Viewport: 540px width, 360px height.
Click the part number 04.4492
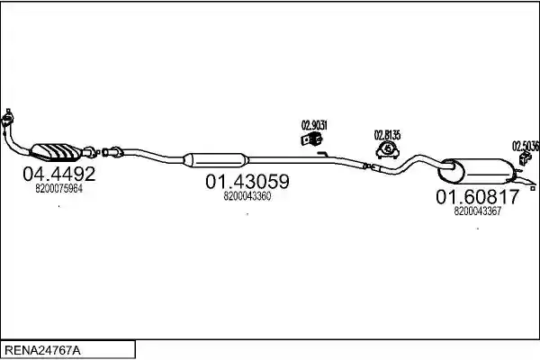tap(58, 174)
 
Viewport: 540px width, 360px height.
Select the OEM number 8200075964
tap(58, 189)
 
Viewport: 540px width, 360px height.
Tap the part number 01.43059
tap(247, 182)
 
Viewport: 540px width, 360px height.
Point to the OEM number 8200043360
tap(247, 196)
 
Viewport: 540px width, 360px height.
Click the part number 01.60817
tap(477, 197)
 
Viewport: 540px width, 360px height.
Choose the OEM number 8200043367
tap(477, 211)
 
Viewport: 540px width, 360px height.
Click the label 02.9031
tap(314, 125)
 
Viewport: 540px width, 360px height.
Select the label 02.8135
tap(387, 135)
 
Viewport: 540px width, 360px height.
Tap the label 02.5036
tap(526, 147)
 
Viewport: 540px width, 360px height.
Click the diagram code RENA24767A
tap(42, 351)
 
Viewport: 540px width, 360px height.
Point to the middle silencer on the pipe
tap(215, 160)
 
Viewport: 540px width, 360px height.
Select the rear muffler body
tap(477, 171)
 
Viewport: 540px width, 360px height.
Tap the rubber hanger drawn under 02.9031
tap(312, 139)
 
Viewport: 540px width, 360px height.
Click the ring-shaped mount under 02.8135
tap(388, 150)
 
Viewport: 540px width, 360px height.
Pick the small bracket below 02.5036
tap(525, 158)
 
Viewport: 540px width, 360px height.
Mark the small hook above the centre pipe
tap(323, 154)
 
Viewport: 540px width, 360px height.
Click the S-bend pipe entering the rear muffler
tap(414, 162)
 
